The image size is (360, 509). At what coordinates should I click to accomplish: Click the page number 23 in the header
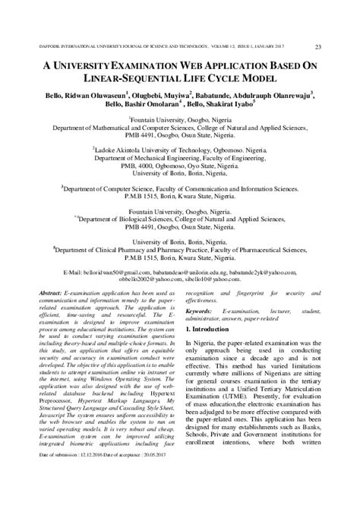pos(339,27)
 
